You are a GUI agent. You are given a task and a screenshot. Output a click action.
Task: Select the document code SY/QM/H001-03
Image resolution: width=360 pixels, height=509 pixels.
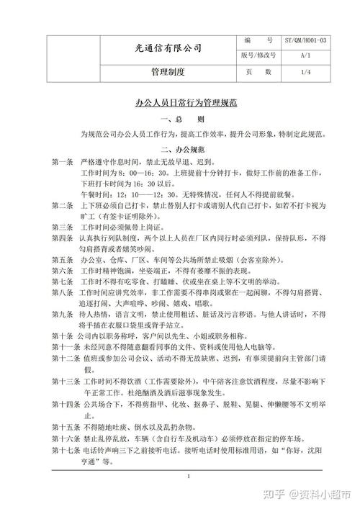(305, 41)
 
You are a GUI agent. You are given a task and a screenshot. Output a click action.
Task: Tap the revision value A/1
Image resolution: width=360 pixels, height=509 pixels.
(305, 55)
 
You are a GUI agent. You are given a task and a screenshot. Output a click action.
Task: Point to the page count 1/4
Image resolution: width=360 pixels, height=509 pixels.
(305, 72)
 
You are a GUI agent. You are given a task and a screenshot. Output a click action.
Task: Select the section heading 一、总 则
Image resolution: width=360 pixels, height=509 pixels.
(186, 119)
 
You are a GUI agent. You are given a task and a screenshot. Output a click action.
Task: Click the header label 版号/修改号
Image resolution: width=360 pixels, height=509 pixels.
(258, 55)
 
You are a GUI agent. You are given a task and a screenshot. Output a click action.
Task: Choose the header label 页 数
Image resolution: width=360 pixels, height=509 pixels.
(258, 72)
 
